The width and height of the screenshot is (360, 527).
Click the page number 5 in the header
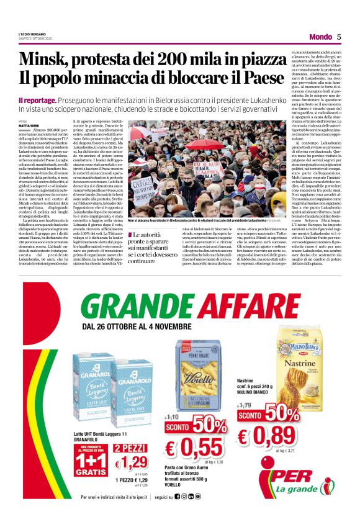(339, 37)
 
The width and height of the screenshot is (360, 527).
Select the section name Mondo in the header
(320, 37)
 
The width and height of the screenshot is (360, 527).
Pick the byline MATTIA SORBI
(29, 126)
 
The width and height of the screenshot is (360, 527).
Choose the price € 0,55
(194, 446)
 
